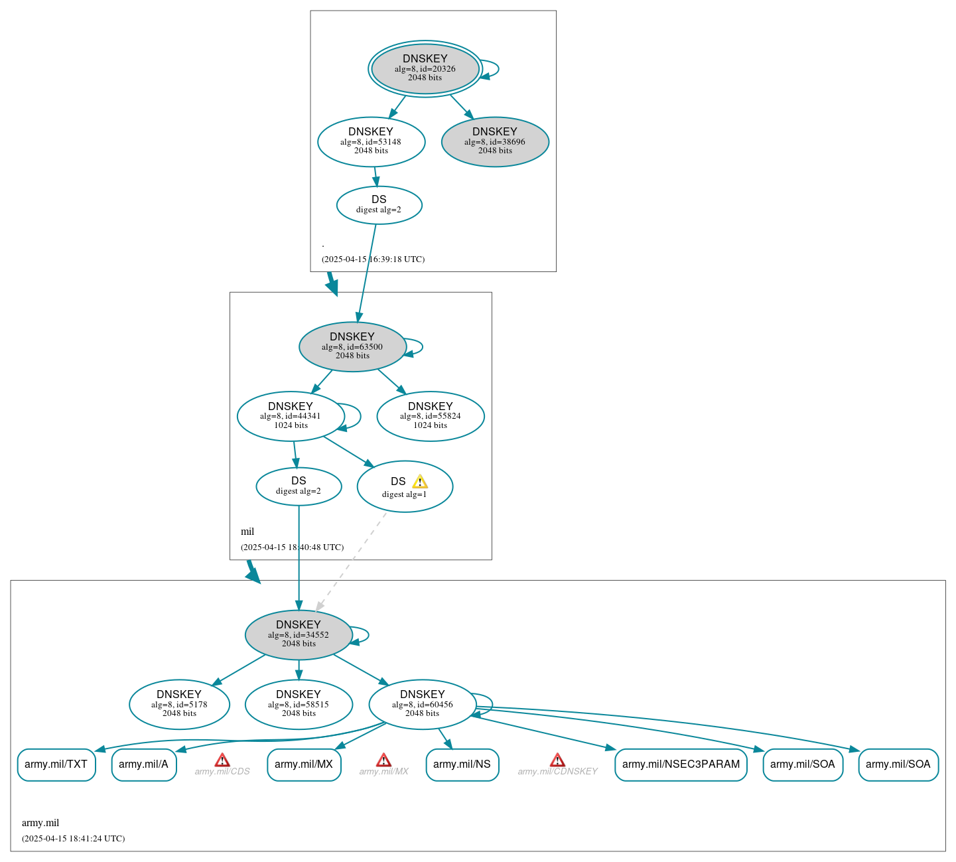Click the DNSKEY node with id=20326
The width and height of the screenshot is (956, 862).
pyautogui.click(x=425, y=68)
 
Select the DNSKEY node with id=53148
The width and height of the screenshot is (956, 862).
pyautogui.click(x=371, y=141)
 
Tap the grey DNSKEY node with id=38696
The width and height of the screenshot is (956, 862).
pyautogui.click(x=495, y=141)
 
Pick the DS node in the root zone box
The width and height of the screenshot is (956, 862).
pyautogui.click(x=379, y=205)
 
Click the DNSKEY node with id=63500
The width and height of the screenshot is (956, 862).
pyautogui.click(x=352, y=346)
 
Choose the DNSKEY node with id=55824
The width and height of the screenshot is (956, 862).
pyautogui.click(x=430, y=416)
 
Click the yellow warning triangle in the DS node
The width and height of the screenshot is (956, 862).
pyautogui.click(x=420, y=482)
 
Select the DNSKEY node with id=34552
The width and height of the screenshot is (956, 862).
pyautogui.click(x=299, y=634)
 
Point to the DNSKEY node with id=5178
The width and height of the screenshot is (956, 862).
pyautogui.click(x=179, y=704)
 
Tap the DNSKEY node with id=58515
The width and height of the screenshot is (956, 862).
pyautogui.click(x=299, y=704)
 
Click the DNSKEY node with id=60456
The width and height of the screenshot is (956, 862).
pyautogui.click(x=422, y=704)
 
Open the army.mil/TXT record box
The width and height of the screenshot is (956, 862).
pyautogui.click(x=56, y=764)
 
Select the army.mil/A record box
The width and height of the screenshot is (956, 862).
pyautogui.click(x=144, y=764)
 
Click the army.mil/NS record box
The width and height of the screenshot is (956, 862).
pyautogui.click(x=462, y=764)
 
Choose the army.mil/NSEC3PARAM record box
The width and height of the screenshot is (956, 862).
pyautogui.click(x=681, y=764)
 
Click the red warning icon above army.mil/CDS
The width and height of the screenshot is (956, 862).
pyautogui.click(x=222, y=760)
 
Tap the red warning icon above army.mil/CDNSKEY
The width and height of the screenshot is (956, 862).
pyautogui.click(x=557, y=760)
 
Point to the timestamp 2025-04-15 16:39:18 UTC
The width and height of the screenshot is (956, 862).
pyautogui.click(x=373, y=259)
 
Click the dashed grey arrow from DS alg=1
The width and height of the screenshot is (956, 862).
pyautogui.click(x=352, y=561)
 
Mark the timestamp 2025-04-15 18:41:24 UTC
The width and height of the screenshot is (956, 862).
pyautogui.click(x=73, y=839)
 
